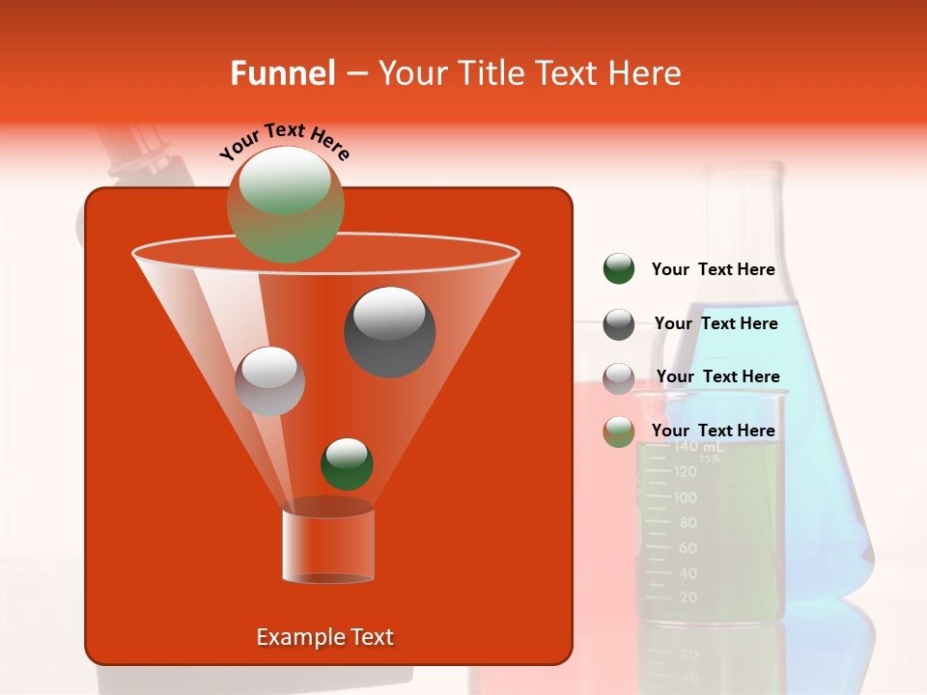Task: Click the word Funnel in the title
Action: (x=283, y=73)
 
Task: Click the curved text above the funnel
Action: (x=284, y=141)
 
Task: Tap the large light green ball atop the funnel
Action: (x=286, y=204)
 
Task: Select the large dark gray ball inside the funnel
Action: (x=390, y=331)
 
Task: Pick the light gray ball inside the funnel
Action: (x=269, y=380)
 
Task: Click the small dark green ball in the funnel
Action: (x=347, y=463)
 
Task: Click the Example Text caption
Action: (x=324, y=637)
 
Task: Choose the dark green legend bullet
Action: (x=619, y=269)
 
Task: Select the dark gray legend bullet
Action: (x=619, y=324)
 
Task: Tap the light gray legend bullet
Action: (x=619, y=378)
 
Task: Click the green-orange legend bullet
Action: (x=619, y=431)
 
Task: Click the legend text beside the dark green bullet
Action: (x=713, y=269)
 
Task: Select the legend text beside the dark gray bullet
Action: (x=716, y=323)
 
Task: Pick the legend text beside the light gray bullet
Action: (x=717, y=376)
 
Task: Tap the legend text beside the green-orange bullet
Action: (x=713, y=431)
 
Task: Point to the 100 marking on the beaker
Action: (x=686, y=497)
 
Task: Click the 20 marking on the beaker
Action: (x=688, y=598)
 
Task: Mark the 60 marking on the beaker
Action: (x=688, y=548)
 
